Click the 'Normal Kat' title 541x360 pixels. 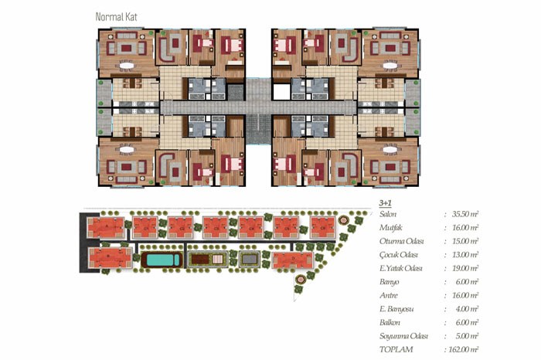116,17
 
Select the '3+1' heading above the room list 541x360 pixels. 386,202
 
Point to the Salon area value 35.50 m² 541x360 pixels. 465,214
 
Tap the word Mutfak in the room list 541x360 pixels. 390,228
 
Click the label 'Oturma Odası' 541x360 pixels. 401,241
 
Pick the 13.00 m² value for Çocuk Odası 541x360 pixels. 465,255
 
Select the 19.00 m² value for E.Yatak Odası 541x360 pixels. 465,268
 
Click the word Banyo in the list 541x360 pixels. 390,282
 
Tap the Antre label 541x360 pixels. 389,296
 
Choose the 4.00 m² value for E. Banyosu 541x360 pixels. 467,309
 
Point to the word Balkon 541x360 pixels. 390,322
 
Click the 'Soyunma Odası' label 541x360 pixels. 403,336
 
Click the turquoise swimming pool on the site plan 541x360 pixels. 162,260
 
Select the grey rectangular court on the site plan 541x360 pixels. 249,259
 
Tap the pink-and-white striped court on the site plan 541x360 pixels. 218,260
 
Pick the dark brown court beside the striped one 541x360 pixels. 200,260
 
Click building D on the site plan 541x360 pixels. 293,260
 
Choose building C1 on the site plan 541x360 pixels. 145,228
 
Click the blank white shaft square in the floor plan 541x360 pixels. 281,92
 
